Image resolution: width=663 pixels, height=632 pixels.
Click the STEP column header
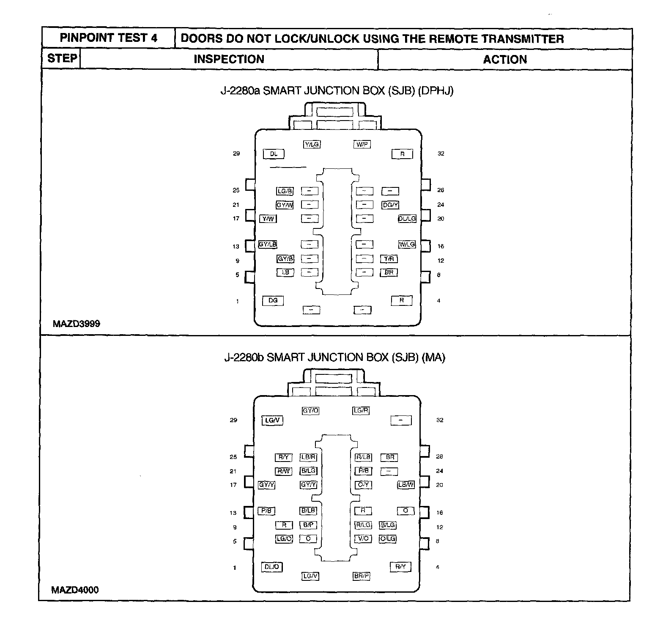tap(62, 58)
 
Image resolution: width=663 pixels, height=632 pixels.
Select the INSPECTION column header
tap(229, 59)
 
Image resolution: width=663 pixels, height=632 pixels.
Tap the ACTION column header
tap(505, 60)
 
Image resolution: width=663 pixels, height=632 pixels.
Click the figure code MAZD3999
tap(77, 324)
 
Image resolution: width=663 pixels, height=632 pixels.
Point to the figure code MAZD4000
tap(75, 590)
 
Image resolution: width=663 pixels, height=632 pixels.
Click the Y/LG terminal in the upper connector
tap(312, 145)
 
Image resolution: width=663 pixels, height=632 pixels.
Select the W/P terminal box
tap(362, 145)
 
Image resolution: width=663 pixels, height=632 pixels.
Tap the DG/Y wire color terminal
tap(390, 205)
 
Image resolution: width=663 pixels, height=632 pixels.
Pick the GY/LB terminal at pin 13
tap(268, 245)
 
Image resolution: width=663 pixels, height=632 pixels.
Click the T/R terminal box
tap(389, 258)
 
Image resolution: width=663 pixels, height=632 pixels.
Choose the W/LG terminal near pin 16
tap(407, 245)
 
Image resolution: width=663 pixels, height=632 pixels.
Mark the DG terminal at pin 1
tap(273, 300)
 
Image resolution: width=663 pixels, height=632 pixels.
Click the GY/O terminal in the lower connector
tap(311, 411)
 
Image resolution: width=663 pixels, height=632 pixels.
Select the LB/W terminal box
tap(406, 485)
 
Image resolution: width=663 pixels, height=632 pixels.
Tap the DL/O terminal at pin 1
tap(272, 567)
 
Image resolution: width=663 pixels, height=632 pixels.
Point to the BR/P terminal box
tap(362, 576)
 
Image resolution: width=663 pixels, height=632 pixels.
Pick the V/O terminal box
tap(363, 539)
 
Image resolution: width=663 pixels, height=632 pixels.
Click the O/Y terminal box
tap(363, 485)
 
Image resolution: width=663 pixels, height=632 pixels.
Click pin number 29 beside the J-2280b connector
tap(233, 420)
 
